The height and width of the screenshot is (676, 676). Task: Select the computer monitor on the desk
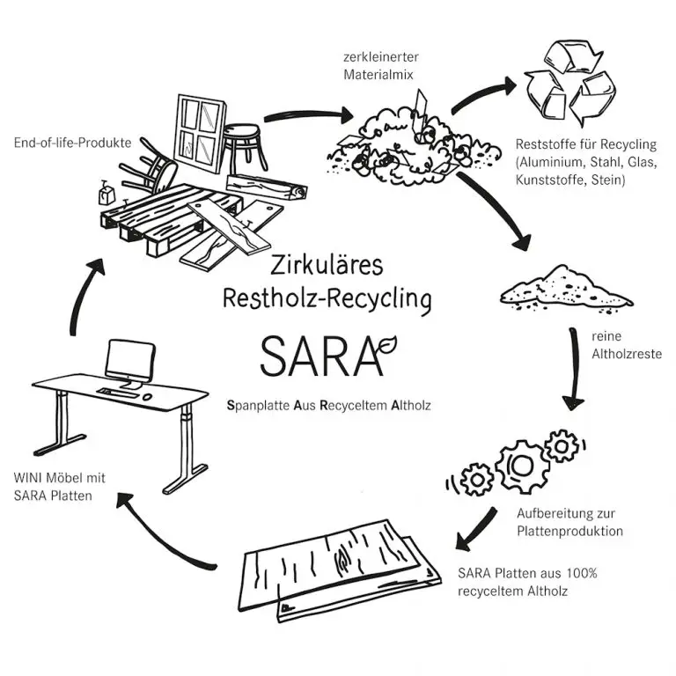[130, 362]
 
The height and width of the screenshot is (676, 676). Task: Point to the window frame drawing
[200, 127]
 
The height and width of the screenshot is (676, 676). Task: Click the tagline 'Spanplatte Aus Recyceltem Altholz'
[328, 407]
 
